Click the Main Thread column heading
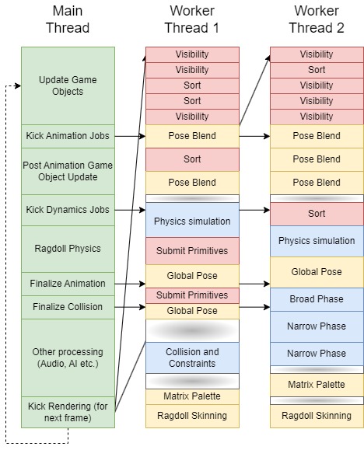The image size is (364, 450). point(68,20)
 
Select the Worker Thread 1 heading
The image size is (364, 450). point(192,20)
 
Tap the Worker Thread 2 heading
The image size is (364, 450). point(317,20)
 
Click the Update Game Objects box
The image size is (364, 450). point(68,85)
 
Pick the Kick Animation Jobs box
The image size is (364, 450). point(68,136)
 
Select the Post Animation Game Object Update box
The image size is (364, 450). point(68,171)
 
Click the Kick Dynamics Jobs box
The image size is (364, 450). point(68,210)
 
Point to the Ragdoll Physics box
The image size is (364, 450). point(68,249)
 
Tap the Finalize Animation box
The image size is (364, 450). point(68,284)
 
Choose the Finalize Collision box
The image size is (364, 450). point(68,307)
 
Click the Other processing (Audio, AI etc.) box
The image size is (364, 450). point(68,358)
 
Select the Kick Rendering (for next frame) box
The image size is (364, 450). point(68,411)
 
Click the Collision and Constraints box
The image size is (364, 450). point(192,358)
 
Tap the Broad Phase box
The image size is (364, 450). point(317,299)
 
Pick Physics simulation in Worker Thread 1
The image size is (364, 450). point(192,222)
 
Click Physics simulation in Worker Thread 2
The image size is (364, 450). point(317,241)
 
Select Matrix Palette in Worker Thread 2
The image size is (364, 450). point(317,385)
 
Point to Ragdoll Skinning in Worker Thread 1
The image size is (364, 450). point(192,416)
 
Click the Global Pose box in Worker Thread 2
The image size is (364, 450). point(317,272)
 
